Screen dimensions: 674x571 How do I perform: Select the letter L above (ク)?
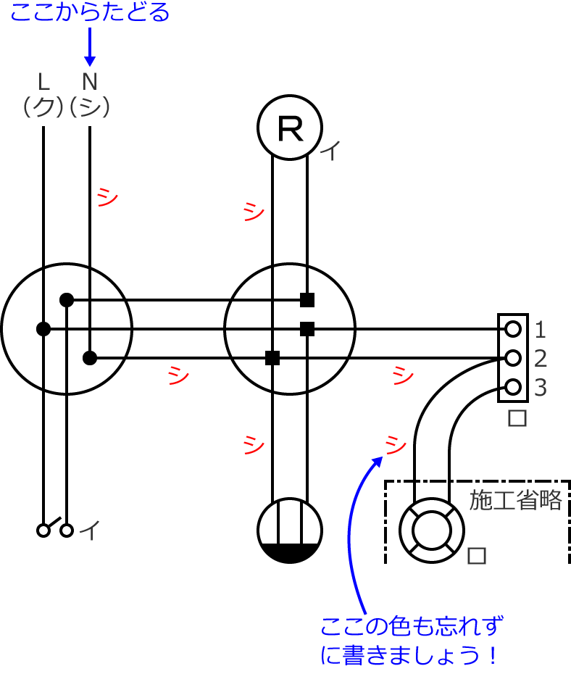click(x=44, y=80)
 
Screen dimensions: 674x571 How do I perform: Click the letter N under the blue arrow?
click(x=89, y=80)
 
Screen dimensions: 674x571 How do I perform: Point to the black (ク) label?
click(x=44, y=107)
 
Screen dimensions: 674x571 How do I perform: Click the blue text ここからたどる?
click(x=90, y=13)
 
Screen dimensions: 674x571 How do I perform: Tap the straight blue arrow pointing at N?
click(x=90, y=47)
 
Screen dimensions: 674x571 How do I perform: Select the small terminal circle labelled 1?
click(x=513, y=330)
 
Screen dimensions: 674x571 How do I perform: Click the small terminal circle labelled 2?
click(x=513, y=359)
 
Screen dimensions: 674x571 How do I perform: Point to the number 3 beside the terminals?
click(x=540, y=388)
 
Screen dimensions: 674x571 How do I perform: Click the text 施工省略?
click(x=516, y=500)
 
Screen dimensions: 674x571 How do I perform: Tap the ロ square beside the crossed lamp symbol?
click(x=476, y=555)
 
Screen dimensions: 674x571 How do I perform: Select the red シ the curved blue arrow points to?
click(x=396, y=444)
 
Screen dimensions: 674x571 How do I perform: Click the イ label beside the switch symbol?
click(x=89, y=532)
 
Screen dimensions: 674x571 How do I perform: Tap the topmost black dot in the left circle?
click(x=67, y=299)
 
